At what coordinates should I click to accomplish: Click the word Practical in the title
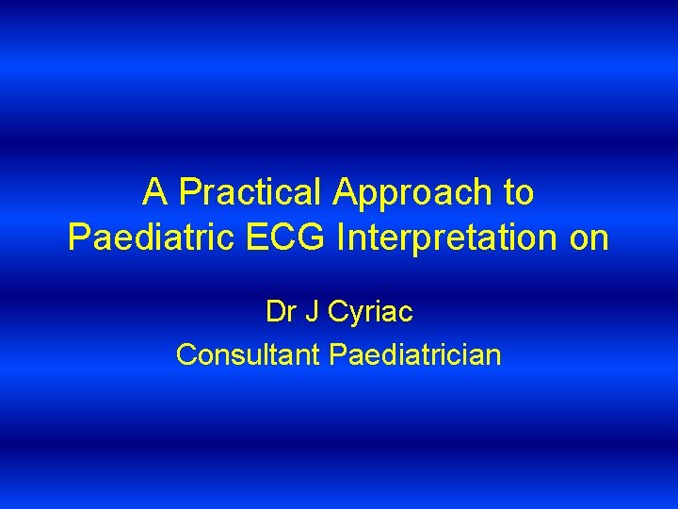pyautogui.click(x=251, y=193)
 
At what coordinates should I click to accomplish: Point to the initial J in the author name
pyautogui.click(x=314, y=311)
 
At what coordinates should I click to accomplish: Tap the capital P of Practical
pyautogui.click(x=188, y=193)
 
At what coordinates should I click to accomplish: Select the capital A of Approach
pyautogui.click(x=346, y=193)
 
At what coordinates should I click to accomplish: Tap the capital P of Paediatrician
pyautogui.click(x=337, y=354)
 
